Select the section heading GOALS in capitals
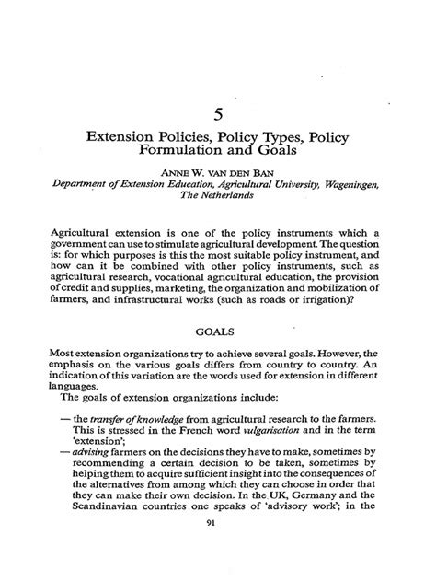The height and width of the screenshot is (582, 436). [217, 326]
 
